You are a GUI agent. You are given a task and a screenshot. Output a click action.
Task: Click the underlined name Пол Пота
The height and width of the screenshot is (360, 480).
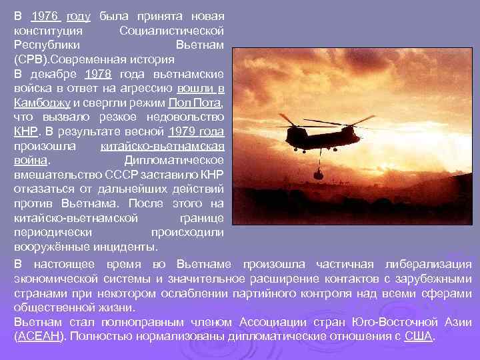[195, 103]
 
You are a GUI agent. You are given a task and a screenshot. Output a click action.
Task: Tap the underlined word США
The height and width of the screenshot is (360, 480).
[418, 336]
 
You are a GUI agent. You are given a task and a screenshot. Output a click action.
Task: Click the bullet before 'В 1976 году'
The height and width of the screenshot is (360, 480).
[6, 15]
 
